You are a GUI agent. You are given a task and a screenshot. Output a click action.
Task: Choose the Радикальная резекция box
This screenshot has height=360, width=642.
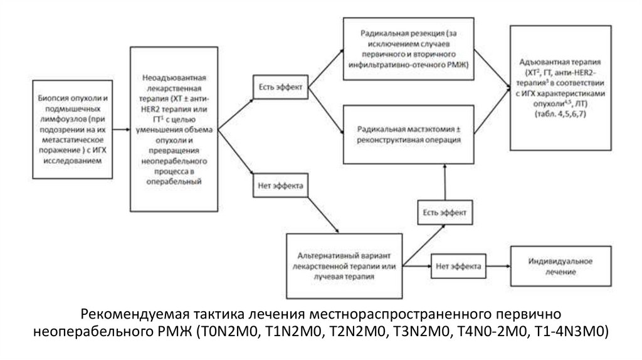point(408,48)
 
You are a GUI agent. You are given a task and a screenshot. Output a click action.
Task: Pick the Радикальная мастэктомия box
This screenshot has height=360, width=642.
point(408,135)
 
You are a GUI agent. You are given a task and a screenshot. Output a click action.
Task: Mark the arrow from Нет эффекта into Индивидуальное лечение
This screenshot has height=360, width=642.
point(499,267)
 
